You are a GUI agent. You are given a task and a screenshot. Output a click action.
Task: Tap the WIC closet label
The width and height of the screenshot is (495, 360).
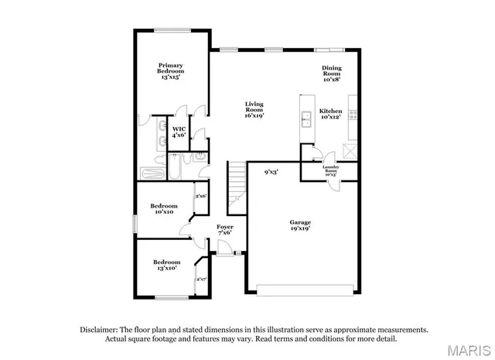pos(179,132)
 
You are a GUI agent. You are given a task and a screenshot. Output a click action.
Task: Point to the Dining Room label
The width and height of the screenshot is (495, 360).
pos(332,73)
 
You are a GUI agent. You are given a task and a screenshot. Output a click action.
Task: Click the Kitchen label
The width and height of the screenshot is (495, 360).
pos(332,114)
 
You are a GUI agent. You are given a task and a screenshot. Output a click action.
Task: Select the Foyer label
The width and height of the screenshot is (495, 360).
pos(225,229)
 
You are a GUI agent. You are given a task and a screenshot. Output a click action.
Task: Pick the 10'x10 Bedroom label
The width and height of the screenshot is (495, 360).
pos(165,209)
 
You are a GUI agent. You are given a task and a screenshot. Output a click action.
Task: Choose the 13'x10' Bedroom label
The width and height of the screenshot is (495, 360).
pos(167,265)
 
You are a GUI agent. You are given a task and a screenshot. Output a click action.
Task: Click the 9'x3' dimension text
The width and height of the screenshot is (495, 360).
pos(271,172)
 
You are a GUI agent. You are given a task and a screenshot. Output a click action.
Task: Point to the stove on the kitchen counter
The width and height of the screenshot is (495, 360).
pos(353,114)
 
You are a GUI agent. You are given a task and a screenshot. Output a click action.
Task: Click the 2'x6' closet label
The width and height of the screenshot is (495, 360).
pos(201,196)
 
